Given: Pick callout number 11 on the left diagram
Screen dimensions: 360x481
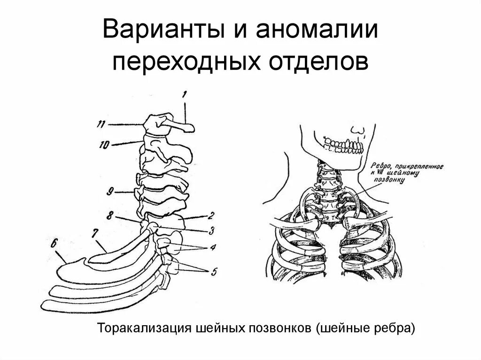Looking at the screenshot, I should (100, 124).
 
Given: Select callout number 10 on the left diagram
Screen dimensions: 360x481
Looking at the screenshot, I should (104, 145).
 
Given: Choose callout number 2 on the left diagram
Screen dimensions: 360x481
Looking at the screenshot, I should (211, 216).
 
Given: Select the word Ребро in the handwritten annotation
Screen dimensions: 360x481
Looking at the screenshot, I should (380, 165).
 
